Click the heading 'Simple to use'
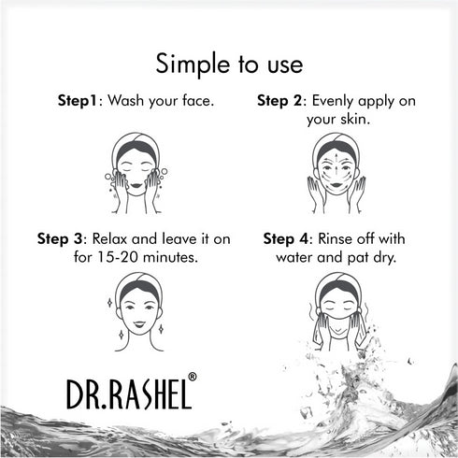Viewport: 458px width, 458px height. pyautogui.click(x=229, y=64)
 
